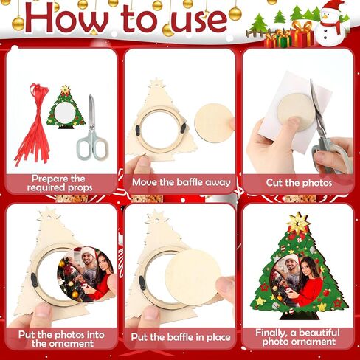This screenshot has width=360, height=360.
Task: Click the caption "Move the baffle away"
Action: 180,182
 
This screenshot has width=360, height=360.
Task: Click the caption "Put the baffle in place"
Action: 180,338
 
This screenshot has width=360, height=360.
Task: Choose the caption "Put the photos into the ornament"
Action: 59,338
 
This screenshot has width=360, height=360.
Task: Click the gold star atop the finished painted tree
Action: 299,224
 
